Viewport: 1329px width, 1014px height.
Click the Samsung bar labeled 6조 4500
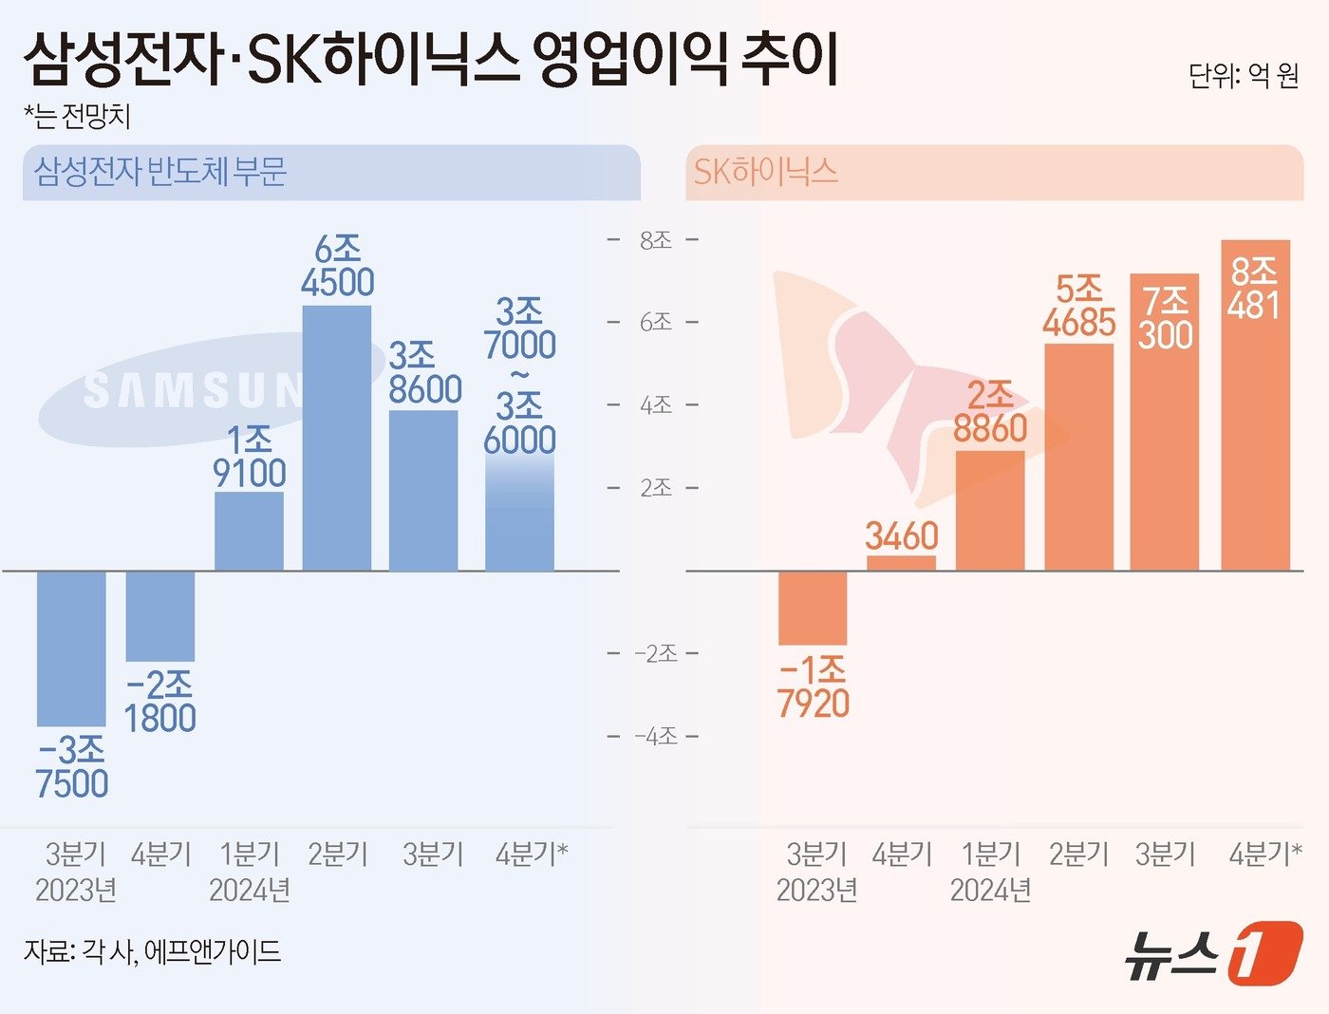(x=337, y=438)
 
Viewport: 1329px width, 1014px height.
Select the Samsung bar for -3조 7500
(x=71, y=648)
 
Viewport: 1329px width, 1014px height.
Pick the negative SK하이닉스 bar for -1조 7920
(x=813, y=608)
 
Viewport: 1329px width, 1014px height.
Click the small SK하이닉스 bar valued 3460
(x=901, y=562)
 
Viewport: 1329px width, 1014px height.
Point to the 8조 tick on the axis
(x=655, y=240)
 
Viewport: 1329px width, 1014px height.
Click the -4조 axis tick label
(x=655, y=736)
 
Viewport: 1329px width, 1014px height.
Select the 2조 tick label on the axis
(x=655, y=488)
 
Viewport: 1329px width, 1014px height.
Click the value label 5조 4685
(x=1078, y=306)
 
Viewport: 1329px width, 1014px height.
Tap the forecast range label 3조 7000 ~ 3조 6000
(x=519, y=376)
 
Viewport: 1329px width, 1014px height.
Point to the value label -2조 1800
(x=159, y=702)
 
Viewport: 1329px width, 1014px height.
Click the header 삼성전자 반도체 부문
(x=160, y=172)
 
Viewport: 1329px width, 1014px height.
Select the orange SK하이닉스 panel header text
(x=766, y=172)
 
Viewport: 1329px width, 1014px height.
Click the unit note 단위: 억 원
(x=1243, y=76)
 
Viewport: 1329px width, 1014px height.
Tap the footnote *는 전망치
(x=77, y=116)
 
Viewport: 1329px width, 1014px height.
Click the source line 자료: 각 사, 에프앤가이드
(x=152, y=951)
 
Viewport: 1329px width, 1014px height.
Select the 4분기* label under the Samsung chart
(x=531, y=854)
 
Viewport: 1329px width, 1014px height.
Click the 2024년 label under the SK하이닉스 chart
(x=990, y=891)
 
